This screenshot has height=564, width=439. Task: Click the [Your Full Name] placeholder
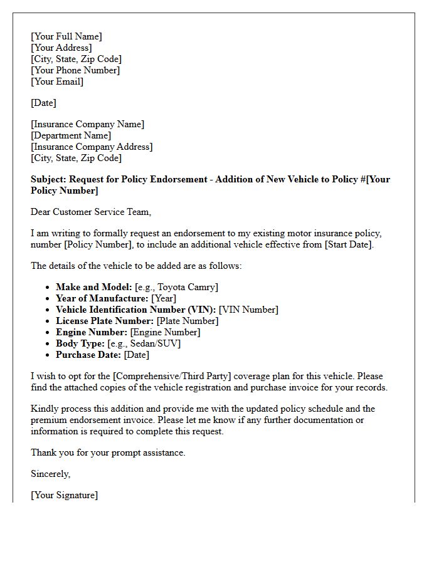[x=66, y=36]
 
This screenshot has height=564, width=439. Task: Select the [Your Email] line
[x=57, y=81]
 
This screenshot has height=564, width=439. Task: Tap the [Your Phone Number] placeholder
[x=75, y=70]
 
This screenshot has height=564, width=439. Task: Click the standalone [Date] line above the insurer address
[x=43, y=103]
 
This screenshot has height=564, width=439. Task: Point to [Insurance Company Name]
[x=87, y=124]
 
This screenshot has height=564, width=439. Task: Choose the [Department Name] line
[x=71, y=135]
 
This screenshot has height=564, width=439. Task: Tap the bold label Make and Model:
[x=94, y=287]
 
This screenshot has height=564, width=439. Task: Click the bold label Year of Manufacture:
[x=102, y=298]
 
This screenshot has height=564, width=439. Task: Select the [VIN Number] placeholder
[x=248, y=310]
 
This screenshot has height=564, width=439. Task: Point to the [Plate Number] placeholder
[x=188, y=321]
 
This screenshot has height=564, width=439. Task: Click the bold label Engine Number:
[x=92, y=332]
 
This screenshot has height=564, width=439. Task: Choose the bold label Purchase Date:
[x=88, y=355]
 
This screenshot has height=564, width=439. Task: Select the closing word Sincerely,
[x=51, y=474]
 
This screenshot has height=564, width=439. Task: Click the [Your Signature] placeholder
[x=65, y=495]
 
